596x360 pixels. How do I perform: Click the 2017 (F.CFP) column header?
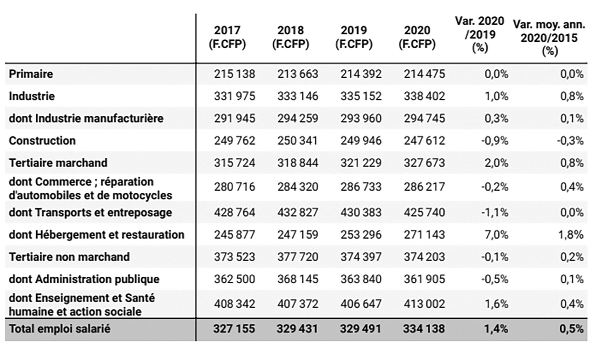pyautogui.click(x=227, y=37)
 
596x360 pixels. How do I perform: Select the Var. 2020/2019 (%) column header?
pyautogui.click(x=480, y=34)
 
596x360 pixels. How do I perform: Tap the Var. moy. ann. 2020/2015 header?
pyautogui.click(x=549, y=37)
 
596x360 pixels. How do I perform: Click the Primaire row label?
pyautogui.click(x=31, y=74)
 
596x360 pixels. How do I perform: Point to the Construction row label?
pyautogui.click(x=42, y=141)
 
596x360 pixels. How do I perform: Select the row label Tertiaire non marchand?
pyautogui.click(x=69, y=257)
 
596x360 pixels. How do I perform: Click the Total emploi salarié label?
pyautogui.click(x=60, y=329)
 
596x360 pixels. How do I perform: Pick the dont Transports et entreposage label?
pyautogui.click(x=90, y=212)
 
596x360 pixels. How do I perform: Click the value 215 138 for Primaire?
pyautogui.click(x=234, y=74)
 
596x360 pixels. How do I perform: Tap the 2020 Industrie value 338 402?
pyautogui.click(x=424, y=96)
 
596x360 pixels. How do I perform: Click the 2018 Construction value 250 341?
pyautogui.click(x=297, y=141)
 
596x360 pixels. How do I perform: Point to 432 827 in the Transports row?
pyautogui.click(x=297, y=212)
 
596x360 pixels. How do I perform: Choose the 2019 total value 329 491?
pyautogui.click(x=361, y=329)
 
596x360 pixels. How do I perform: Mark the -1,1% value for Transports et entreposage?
pyautogui.click(x=494, y=212)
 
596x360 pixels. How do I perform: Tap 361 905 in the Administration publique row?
pyautogui.click(x=424, y=279)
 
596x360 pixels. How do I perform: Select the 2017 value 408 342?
pyautogui.click(x=234, y=304)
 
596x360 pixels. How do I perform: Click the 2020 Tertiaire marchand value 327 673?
pyautogui.click(x=424, y=163)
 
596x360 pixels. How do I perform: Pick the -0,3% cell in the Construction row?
pyautogui.click(x=570, y=141)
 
